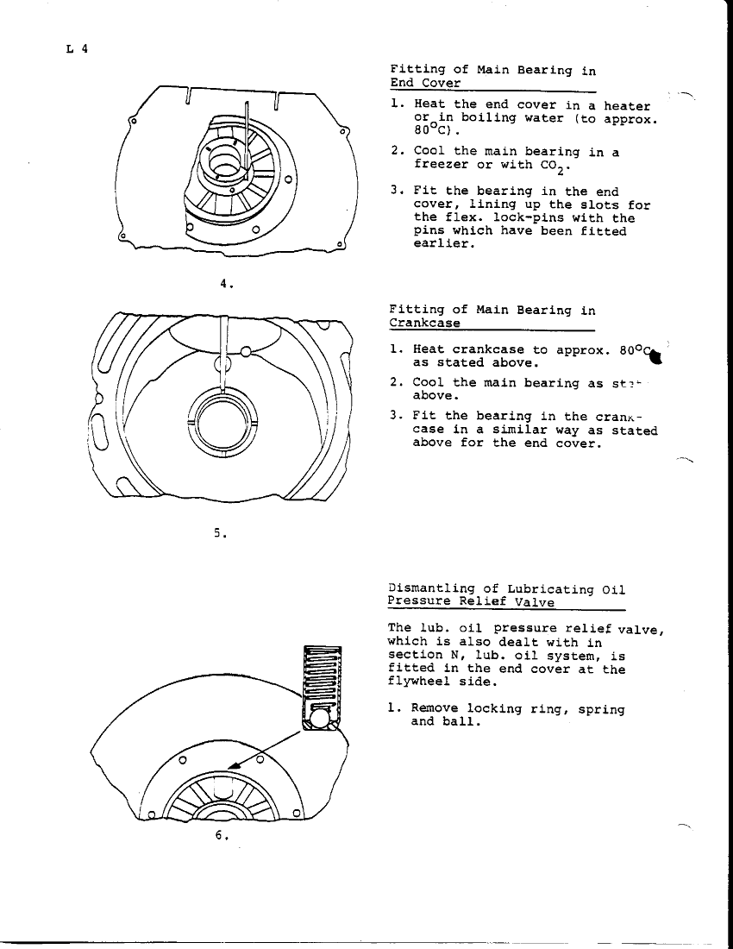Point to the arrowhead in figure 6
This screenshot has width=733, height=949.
[234, 763]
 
